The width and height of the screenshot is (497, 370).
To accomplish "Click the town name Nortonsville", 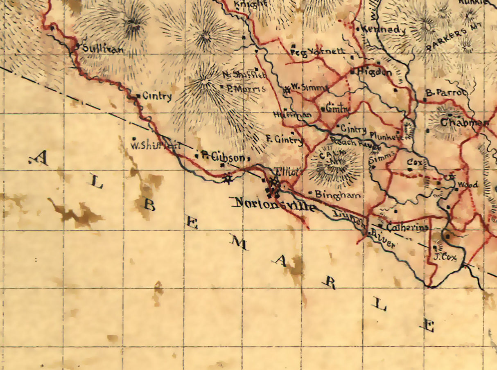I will [273, 203].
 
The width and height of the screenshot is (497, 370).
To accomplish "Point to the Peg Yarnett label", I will [318, 52].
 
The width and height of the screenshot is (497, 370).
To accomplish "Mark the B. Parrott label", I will [446, 93].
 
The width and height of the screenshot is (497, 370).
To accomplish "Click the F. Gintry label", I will [284, 140].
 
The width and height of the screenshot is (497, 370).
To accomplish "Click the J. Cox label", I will [445, 257].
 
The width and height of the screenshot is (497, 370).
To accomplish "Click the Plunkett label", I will [386, 135].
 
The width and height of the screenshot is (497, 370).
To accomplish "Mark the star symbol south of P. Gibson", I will [228, 178].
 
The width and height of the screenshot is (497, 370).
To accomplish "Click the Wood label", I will [467, 185].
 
